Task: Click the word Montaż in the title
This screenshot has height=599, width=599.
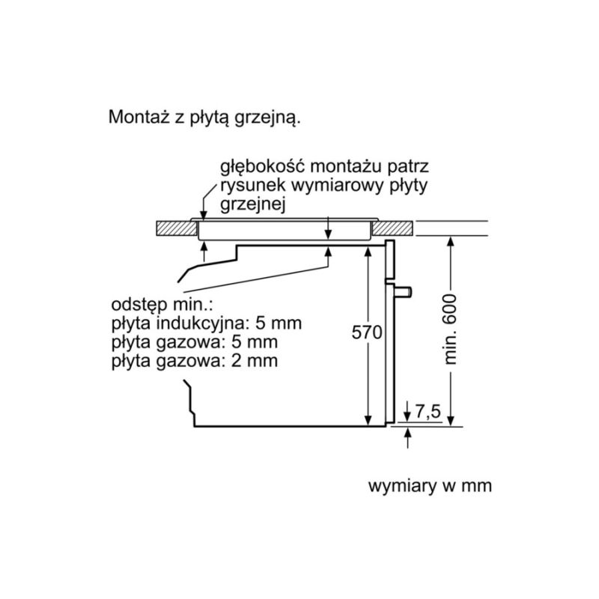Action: click(x=136, y=118)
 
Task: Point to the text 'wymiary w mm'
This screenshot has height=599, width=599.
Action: click(x=430, y=486)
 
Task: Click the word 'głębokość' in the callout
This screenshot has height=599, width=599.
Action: click(x=258, y=166)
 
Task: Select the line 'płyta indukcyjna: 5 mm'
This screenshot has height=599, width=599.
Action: click(x=207, y=324)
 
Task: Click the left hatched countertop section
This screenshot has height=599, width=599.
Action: click(x=174, y=226)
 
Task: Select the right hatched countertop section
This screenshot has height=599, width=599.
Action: click(x=393, y=226)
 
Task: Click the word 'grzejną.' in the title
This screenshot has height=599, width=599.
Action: click(x=276, y=118)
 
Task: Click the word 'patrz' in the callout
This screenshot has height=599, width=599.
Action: click(x=409, y=166)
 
